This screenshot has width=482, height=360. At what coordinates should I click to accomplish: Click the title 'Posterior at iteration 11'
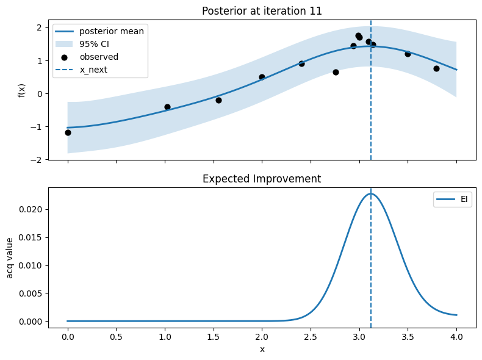(262, 10)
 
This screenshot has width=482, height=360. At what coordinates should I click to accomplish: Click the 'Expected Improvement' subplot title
(262, 179)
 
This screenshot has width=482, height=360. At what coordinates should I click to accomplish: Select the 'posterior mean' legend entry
(112, 31)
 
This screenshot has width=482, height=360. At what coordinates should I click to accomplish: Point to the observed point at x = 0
(68, 132)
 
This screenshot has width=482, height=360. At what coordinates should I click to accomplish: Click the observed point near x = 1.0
(167, 107)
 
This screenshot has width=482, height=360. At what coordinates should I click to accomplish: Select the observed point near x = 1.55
(218, 100)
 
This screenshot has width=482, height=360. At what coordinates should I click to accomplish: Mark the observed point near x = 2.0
(262, 77)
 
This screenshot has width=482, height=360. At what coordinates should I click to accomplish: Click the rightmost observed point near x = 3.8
(436, 68)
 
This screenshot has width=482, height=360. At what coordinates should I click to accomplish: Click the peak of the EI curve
(370, 194)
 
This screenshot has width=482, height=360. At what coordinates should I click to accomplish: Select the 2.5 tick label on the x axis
(311, 336)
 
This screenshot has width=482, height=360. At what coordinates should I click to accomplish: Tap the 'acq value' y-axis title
(10, 256)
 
